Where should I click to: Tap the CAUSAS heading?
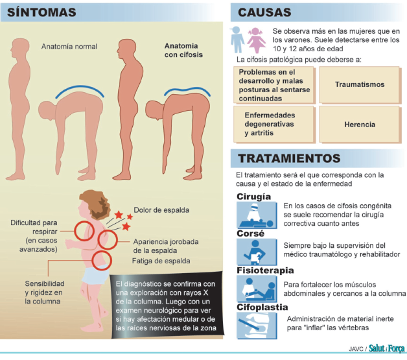pos(264,12)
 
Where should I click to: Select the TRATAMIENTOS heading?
pos(289,158)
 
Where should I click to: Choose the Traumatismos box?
pos(360,84)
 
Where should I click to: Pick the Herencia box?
pos(360,124)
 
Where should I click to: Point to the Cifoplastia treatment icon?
pos(255,324)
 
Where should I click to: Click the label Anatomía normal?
pos(69,47)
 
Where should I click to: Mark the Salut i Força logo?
pos(386,348)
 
